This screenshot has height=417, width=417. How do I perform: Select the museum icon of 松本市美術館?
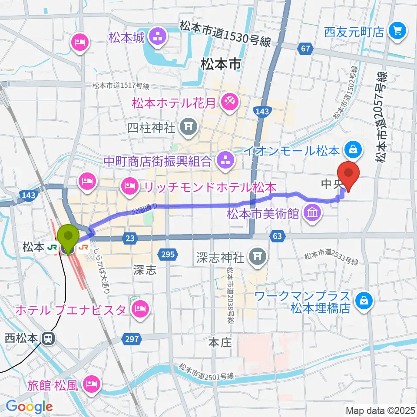pos(312,213)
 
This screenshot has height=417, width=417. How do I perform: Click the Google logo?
pos(29,406)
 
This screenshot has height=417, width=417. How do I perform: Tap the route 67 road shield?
pos(305,49)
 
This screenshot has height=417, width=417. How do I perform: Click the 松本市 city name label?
pos(220,65)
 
